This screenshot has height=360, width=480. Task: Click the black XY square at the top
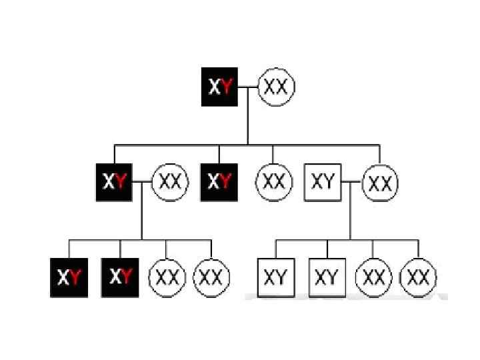(x=220, y=87)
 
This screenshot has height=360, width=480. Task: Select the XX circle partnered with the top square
(x=276, y=87)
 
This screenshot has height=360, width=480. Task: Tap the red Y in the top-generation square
(x=227, y=87)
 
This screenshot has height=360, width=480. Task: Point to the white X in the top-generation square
(x=214, y=87)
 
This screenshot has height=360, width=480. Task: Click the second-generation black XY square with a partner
(x=114, y=181)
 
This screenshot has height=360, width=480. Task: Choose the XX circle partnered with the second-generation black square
(x=171, y=182)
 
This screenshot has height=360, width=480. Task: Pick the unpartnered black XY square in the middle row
(x=219, y=181)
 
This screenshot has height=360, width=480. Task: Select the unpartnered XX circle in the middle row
(x=274, y=181)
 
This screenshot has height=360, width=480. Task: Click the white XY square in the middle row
(x=323, y=181)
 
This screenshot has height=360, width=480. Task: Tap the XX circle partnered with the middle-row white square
(x=380, y=183)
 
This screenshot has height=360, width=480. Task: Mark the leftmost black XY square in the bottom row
(x=69, y=277)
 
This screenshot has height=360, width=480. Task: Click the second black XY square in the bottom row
(x=120, y=277)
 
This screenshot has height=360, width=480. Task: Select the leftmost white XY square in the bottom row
(x=275, y=277)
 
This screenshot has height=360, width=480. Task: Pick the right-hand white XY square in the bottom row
(x=326, y=277)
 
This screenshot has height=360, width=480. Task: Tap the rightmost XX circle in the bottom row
(x=419, y=277)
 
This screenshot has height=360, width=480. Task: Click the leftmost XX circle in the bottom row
(x=167, y=277)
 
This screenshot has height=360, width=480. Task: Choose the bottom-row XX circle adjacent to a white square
(x=373, y=277)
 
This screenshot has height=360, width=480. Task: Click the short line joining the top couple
(x=248, y=87)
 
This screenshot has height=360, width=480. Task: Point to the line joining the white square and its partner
(x=351, y=181)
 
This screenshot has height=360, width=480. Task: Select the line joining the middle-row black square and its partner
(x=142, y=181)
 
